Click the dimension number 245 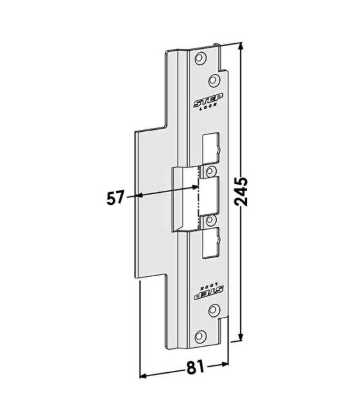(x=241, y=191)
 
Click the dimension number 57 (x=115, y=197)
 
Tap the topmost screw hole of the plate (x=200, y=58)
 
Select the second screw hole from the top (x=214, y=80)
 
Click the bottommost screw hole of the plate (x=200, y=337)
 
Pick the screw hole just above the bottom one (x=214, y=310)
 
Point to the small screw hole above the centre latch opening (x=211, y=170)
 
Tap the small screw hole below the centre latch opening (x=211, y=220)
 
